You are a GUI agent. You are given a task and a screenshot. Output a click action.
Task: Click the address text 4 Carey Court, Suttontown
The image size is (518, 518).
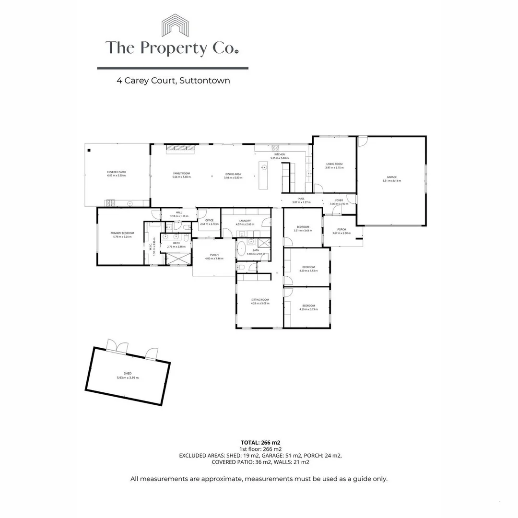pos(173,81)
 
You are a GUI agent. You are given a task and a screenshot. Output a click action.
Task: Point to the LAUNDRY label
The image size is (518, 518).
pos(245,222)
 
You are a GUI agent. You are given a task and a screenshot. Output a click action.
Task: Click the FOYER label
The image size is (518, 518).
pos(339,201)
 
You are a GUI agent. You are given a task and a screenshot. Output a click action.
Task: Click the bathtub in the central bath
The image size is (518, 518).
pos(242,250)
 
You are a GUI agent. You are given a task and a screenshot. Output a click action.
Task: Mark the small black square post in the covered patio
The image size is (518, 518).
pos(89,150)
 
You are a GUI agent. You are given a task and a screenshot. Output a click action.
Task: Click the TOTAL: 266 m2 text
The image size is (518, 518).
pos(260,442)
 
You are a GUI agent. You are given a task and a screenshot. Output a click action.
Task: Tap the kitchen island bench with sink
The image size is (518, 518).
pos(263,175)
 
